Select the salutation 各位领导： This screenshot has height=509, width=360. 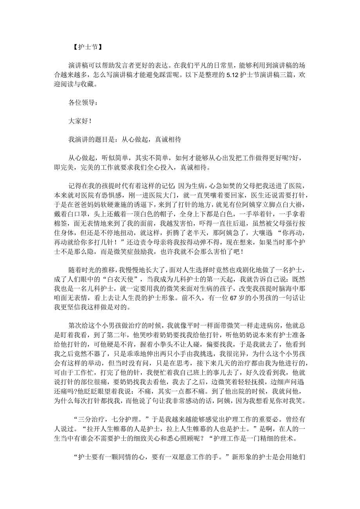click(81, 103)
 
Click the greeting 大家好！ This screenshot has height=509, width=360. click(80, 121)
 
